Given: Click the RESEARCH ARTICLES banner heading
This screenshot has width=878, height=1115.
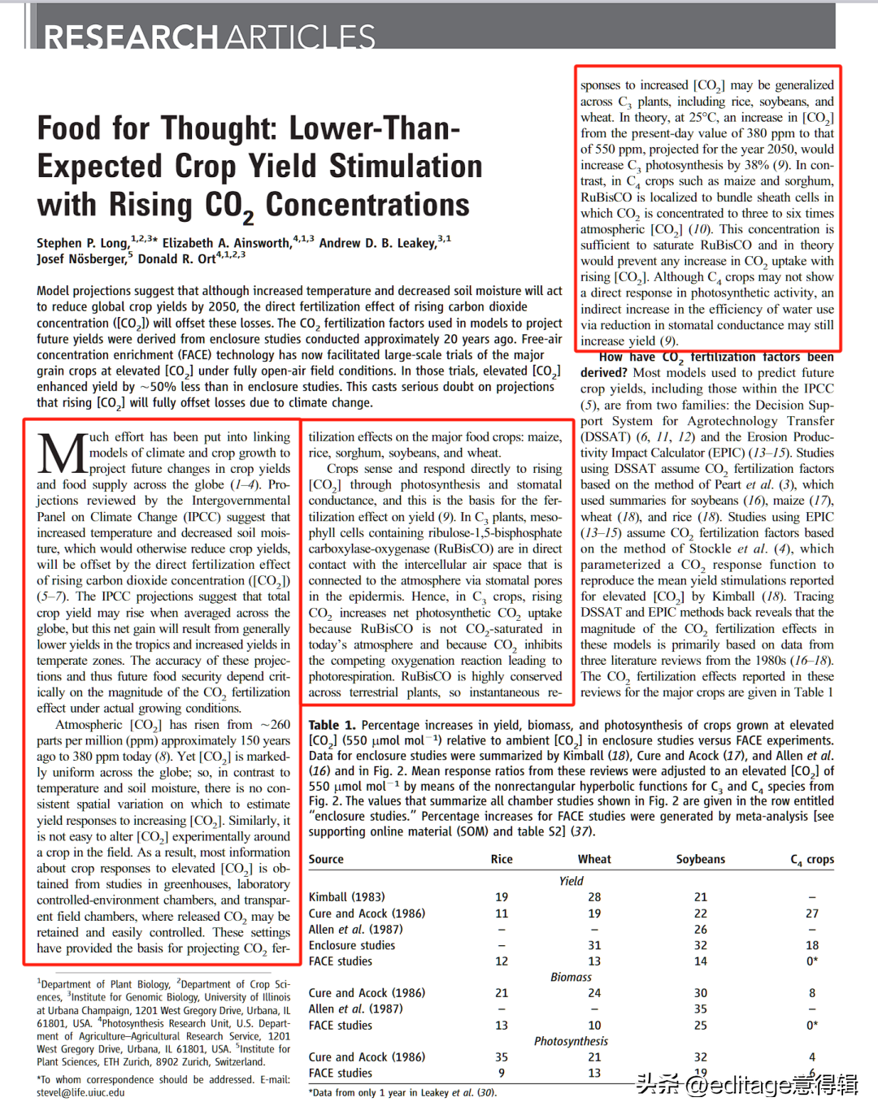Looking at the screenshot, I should tap(209, 37).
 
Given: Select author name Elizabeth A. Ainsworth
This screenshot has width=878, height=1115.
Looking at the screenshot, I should tap(226, 243).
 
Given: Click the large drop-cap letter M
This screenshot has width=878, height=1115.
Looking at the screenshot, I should tap(62, 455).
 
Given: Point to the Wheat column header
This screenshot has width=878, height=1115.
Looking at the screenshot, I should tap(594, 859).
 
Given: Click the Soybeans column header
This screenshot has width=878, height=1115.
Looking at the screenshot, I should tap(700, 859).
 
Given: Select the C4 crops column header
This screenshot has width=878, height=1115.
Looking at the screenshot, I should tap(811, 859).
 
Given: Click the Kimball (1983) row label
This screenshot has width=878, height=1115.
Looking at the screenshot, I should tap(346, 897).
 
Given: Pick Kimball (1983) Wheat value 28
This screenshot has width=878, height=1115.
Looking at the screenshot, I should tap(594, 897).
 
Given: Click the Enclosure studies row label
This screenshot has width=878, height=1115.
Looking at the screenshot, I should tap(351, 945).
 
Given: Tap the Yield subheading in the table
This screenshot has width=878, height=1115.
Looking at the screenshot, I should tap(571, 881).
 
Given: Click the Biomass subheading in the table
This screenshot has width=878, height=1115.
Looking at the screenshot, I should tap(571, 977).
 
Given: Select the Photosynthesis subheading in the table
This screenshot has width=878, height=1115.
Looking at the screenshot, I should tap(571, 1041).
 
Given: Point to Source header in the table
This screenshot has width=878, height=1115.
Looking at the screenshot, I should tap(326, 859).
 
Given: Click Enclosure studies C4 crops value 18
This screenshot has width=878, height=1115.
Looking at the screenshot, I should tap(811, 945).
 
